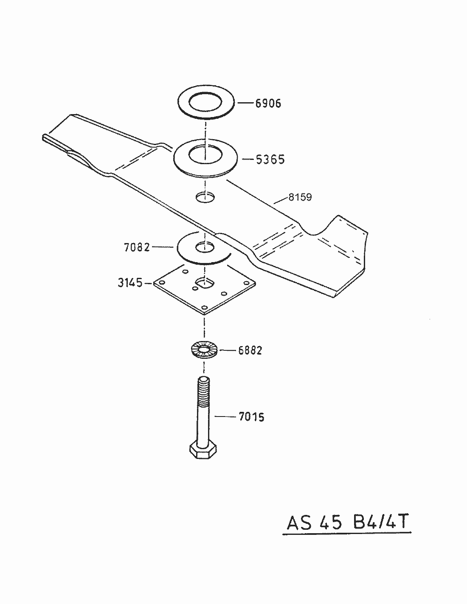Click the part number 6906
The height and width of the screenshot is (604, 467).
point(268,103)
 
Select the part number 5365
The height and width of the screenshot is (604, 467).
point(270,159)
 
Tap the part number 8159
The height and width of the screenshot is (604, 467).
point(300,197)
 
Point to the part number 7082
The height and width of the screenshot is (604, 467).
point(137,247)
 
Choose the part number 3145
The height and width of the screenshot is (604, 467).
point(130,282)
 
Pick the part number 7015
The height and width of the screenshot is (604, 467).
point(251,417)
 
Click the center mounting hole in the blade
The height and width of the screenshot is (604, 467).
point(205,197)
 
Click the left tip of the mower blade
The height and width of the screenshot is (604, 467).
point(44,137)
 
